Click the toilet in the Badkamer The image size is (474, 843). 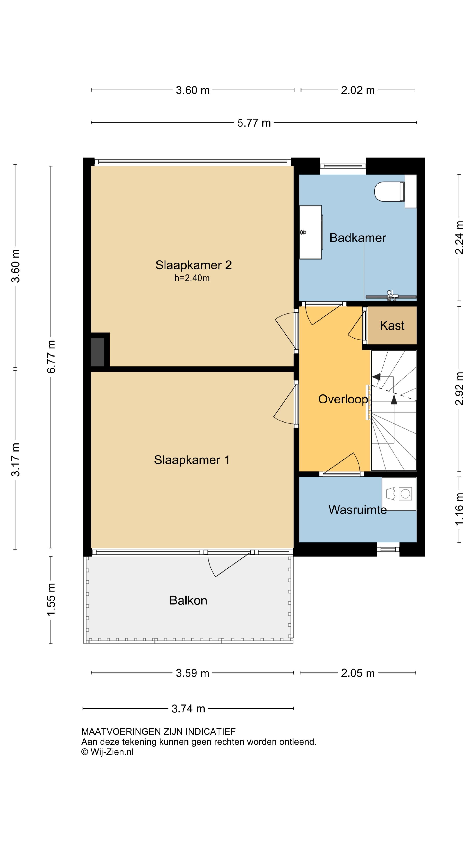[x=389, y=191]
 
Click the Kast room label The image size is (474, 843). [x=392, y=325]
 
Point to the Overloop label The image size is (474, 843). [x=343, y=399]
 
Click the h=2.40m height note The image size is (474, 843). [x=192, y=278]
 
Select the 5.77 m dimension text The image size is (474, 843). [x=254, y=123]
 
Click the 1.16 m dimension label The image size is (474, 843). [x=459, y=509]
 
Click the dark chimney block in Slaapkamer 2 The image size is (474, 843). [x=97, y=352]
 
